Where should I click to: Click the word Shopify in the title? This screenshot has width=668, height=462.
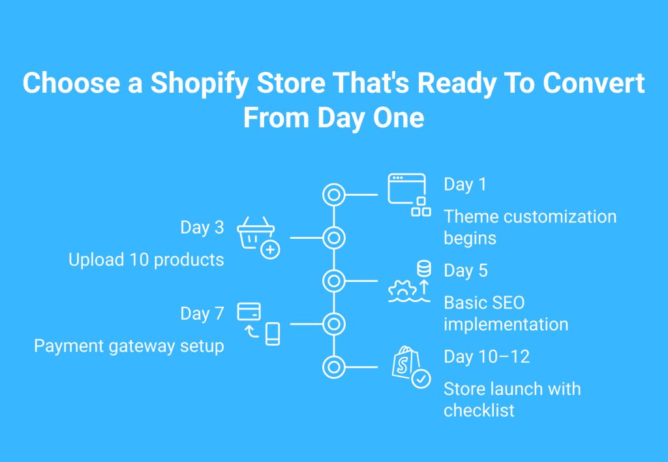(200, 84)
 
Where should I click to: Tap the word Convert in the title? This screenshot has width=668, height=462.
(594, 83)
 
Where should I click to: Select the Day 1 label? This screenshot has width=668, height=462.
(464, 185)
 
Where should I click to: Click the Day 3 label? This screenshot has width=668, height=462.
(202, 228)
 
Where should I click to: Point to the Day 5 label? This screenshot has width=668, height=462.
(466, 271)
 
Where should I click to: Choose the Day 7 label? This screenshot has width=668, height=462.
(202, 314)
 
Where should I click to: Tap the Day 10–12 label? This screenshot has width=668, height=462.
(487, 357)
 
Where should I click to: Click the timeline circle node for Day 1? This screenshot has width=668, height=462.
(334, 194)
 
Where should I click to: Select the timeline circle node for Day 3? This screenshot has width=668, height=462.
(334, 238)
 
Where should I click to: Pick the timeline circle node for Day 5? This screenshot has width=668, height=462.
(334, 281)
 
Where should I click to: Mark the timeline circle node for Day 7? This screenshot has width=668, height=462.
(334, 324)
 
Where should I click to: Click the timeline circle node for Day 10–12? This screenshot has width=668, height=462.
(334, 367)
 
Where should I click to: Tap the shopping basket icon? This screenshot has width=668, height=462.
(256, 232)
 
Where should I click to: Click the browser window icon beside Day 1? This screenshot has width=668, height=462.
(406, 189)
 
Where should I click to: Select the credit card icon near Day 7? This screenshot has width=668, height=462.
(249, 311)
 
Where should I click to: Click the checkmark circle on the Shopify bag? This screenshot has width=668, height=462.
(421, 378)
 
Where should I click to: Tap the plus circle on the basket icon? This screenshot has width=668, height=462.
(270, 250)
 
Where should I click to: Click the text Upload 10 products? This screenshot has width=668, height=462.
(146, 260)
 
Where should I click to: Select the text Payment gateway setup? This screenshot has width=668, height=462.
(129, 346)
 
